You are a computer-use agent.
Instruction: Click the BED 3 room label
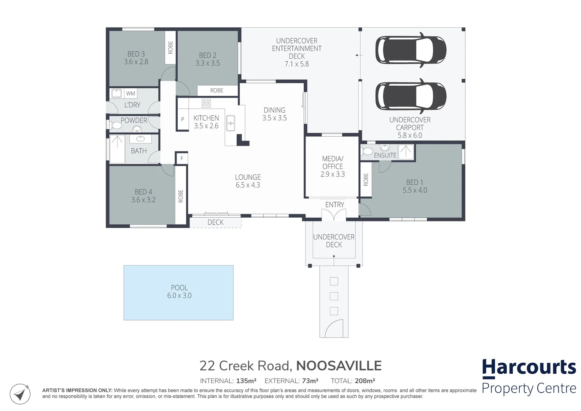(136, 54)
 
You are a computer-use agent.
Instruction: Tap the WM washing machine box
(131, 93)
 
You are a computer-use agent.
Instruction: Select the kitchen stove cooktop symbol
(206, 103)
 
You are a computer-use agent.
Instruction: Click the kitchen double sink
(231, 123)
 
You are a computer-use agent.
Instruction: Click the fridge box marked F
(182, 158)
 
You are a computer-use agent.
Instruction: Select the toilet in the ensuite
(367, 151)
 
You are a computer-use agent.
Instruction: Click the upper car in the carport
(411, 50)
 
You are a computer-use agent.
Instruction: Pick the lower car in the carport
(411, 96)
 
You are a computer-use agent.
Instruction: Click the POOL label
(180, 287)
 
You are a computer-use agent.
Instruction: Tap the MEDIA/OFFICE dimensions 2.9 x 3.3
(333, 174)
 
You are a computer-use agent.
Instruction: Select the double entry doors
(334, 215)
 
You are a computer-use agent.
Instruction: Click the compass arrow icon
(20, 394)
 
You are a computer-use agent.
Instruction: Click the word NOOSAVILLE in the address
(339, 366)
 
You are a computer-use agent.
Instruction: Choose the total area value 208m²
(365, 381)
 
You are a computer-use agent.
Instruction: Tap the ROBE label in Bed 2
(216, 91)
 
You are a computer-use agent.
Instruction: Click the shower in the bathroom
(117, 149)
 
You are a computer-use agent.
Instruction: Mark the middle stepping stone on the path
(334, 296)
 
